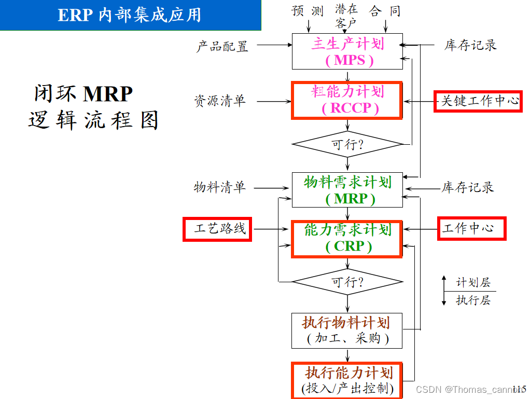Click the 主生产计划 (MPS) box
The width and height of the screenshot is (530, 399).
pyautogui.click(x=347, y=51)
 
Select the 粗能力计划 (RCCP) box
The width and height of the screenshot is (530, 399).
pyautogui.click(x=347, y=100)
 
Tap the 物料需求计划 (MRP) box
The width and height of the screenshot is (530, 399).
pyautogui.click(x=347, y=190)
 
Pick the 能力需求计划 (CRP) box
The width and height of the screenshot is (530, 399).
pyautogui.click(x=347, y=238)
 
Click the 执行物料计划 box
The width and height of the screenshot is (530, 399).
pyautogui.click(x=347, y=331)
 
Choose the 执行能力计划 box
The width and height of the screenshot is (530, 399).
pyautogui.click(x=347, y=380)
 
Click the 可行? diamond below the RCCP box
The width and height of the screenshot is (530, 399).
pyautogui.click(x=347, y=144)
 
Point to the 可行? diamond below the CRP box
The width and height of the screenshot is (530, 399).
pyautogui.click(x=347, y=282)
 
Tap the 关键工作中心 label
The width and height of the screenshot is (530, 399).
pyautogui.click(x=478, y=101)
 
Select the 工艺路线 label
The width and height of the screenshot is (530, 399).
pyautogui.click(x=217, y=228)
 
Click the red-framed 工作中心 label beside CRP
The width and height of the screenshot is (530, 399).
pyautogui.click(x=471, y=228)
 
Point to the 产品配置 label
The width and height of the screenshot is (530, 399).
pyautogui.click(x=222, y=46)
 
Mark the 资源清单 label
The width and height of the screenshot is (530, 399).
pyautogui.click(x=220, y=101)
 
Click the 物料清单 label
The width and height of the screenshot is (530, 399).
pyautogui.click(x=220, y=187)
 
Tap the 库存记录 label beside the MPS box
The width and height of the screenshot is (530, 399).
pyautogui.click(x=470, y=45)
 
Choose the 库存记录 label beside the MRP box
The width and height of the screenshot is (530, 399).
pyautogui.click(x=467, y=187)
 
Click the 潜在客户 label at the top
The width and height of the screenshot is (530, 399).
pyautogui.click(x=346, y=16)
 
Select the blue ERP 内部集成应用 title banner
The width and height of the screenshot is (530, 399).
pyautogui.click(x=130, y=15)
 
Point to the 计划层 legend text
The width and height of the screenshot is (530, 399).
pyautogui.click(x=473, y=283)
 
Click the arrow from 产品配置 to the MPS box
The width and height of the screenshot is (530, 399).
pyautogui.click(x=274, y=45)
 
